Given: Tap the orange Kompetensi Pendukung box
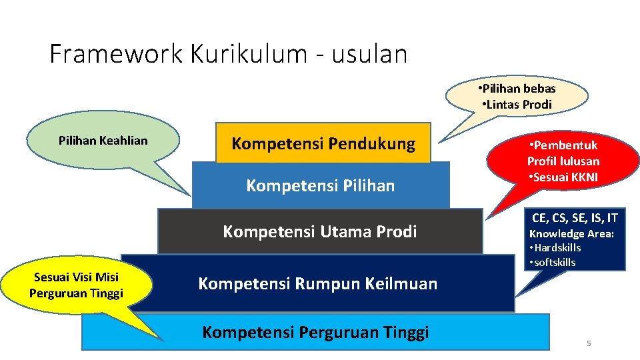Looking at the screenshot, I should click(x=323, y=143).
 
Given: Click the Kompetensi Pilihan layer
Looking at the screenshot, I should click(x=321, y=185).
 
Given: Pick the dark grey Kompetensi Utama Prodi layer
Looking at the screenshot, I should click(x=320, y=231).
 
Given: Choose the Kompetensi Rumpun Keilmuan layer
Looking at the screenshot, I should click(x=318, y=283).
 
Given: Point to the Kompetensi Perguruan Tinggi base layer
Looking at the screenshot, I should click(x=315, y=332).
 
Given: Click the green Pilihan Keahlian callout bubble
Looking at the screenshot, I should click(x=103, y=141).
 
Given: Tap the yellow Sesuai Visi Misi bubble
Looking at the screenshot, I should click(x=77, y=285).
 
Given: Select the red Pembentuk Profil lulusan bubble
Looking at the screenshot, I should click(x=563, y=161).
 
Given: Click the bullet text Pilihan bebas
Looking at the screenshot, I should click(x=517, y=88).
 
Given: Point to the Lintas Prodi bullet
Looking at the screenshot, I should click(x=517, y=104).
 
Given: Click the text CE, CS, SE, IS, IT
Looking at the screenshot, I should click(x=575, y=217).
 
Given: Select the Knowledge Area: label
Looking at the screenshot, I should click(x=571, y=233).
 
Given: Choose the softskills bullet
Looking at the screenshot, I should click(x=552, y=262).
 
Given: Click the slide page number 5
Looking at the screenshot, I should click(x=589, y=343).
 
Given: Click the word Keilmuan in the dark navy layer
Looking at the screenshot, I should click(x=406, y=283).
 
